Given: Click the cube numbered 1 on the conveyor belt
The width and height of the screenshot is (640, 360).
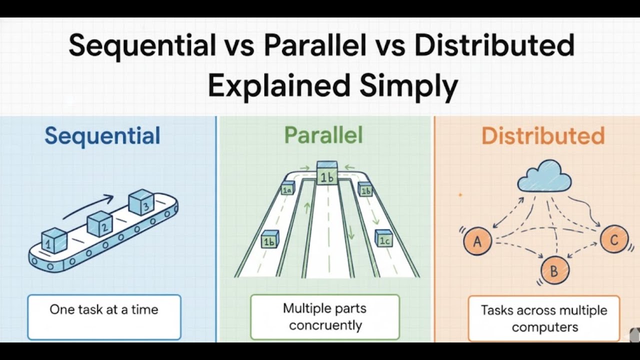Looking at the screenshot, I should coord(54,240).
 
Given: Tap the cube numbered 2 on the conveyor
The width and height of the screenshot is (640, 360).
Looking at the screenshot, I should coord(100,224).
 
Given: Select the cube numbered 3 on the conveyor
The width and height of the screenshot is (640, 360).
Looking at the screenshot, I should coord(141,202).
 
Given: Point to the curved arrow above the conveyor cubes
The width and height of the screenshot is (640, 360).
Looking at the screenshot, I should coord(87,206).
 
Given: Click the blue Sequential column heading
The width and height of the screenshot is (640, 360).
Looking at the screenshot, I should coord(102,135).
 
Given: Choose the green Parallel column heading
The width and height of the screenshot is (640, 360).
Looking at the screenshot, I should coord(323,135).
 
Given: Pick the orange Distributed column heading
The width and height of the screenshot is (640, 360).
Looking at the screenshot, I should coord(543,135).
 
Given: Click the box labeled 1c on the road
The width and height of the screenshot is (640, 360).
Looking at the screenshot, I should coord(383,238).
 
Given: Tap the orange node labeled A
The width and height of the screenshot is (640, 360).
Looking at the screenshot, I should coord(477,241).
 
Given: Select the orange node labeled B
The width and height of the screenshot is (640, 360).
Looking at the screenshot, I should coord(554,271).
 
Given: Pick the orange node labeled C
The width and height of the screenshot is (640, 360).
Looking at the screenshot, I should coord(614,239).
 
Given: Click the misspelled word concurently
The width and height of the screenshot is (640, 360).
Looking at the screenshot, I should coord(325,325).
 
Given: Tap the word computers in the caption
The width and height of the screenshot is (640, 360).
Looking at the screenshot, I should coord(544,327).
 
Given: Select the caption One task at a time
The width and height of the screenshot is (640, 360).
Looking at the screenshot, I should coord(104,309).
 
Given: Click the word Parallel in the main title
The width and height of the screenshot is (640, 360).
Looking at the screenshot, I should coord(318,46).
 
